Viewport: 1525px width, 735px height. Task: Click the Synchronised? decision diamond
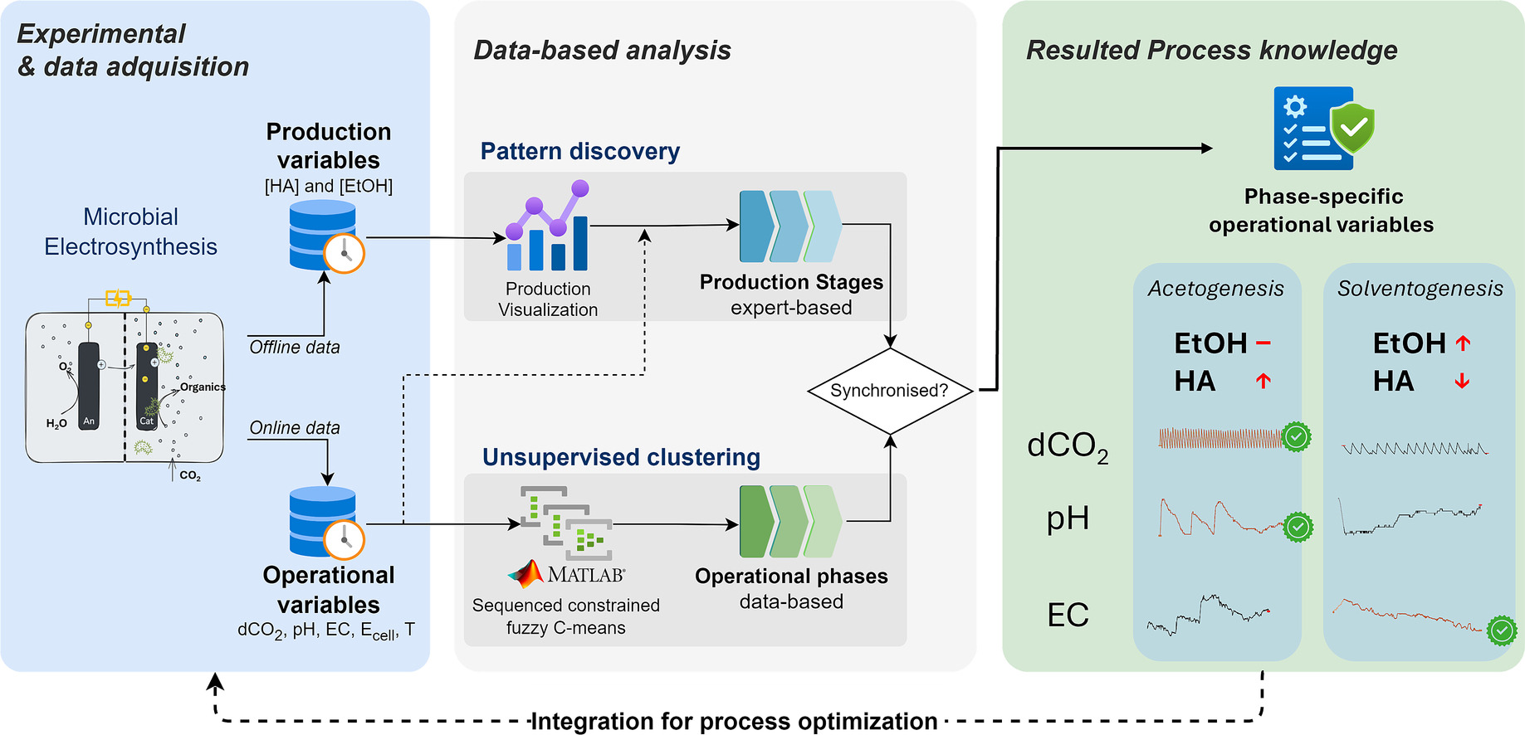[x=890, y=391]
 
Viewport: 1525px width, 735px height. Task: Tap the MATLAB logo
[x=566, y=574]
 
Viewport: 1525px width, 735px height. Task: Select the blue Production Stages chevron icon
[x=790, y=226]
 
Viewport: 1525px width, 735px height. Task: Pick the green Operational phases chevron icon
[x=790, y=521]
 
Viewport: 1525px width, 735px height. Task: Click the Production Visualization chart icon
[x=548, y=226]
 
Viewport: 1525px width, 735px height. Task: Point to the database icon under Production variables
[x=326, y=236]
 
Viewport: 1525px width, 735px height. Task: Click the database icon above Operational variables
[x=326, y=523]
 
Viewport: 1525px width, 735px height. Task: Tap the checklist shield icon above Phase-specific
[x=1323, y=129]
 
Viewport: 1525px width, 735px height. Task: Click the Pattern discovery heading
[x=580, y=151]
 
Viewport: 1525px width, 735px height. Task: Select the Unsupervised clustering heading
[x=622, y=457]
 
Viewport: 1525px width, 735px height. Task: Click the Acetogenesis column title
[x=1216, y=289]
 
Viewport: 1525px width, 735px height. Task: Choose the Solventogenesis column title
[x=1420, y=289]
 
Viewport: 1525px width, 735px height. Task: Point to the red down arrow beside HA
[x=1463, y=381]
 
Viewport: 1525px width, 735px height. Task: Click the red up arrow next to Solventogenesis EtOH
[x=1463, y=343]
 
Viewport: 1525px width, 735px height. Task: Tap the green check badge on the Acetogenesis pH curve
[x=1298, y=527]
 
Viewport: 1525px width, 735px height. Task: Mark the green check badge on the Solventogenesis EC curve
[x=1502, y=630]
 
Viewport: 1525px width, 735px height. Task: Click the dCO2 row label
[x=1068, y=447]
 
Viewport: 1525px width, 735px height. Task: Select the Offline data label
[x=295, y=348]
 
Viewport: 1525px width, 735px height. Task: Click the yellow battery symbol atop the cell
[x=118, y=298]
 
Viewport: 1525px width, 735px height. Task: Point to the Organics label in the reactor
[x=203, y=387]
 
